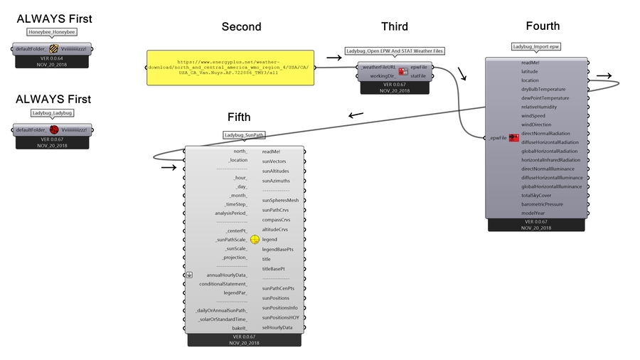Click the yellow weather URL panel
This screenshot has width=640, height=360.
tap(230, 68)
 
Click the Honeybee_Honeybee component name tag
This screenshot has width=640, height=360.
tap(52, 32)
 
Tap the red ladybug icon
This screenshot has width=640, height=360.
tap(53, 129)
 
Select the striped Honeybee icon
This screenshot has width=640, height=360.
tap(53, 49)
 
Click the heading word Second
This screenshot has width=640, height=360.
tap(241, 27)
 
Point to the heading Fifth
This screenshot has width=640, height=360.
tap(239, 117)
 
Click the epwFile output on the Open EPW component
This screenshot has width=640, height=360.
tap(419, 67)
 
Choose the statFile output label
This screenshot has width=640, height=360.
tap(418, 75)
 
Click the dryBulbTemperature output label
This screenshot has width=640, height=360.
tap(543, 89)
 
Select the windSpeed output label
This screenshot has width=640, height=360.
tap(533, 115)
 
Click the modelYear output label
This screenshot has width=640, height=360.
tap(534, 213)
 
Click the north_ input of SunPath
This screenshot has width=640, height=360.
tap(240, 151)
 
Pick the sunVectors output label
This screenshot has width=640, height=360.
tap(274, 162)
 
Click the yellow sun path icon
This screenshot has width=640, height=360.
tap(255, 240)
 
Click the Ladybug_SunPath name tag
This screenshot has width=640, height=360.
tap(244, 135)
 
